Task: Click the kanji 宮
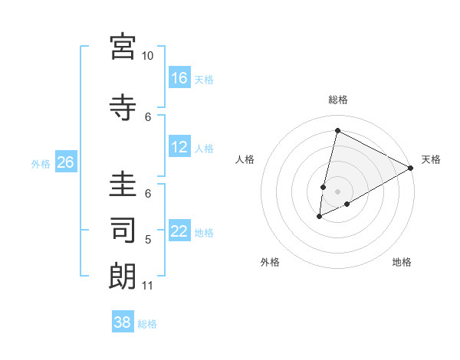[123, 46]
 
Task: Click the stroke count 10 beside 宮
[147, 56]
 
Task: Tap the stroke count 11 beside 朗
[147, 286]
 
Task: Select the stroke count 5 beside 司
[149, 240]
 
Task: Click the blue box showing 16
[179, 77]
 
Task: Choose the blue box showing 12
[179, 147]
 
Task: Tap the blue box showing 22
[179, 231]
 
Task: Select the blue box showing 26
[65, 162]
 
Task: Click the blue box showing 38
[123, 322]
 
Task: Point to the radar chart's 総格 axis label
[337, 100]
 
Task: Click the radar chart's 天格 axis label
[431, 159]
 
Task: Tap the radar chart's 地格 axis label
[402, 262]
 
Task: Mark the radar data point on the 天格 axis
[411, 168]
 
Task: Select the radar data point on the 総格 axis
[337, 131]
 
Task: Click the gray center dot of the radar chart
[337, 191]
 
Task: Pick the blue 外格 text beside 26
[40, 163]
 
